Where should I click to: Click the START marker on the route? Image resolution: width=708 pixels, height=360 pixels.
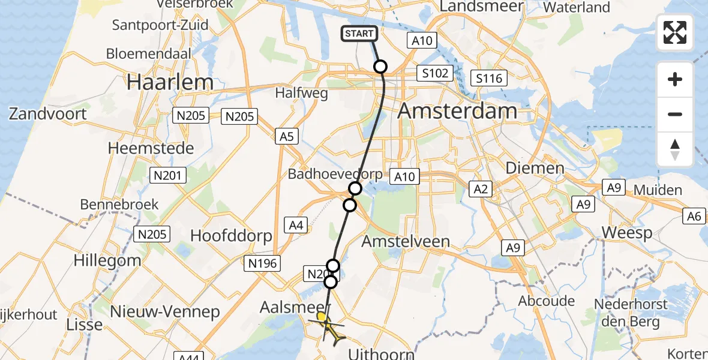(359, 34)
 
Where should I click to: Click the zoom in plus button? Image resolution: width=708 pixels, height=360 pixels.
(675, 79)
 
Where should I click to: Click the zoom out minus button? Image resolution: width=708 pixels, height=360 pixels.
(675, 114)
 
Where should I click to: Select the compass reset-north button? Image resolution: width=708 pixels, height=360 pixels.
(675, 149)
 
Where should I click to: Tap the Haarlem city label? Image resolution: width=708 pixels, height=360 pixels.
(170, 83)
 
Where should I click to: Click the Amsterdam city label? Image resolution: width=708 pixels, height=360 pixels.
(457, 111)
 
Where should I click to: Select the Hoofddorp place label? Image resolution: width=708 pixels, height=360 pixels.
(231, 236)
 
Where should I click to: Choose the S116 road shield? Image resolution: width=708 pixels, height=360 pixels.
(489, 78)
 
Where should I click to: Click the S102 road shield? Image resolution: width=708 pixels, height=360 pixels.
(434, 73)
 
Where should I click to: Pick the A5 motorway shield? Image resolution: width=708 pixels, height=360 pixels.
(287, 137)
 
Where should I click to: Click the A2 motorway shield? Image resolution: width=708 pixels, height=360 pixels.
(481, 190)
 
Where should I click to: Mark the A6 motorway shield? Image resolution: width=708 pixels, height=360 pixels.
(695, 216)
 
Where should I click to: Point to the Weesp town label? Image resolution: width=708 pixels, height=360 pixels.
(626, 233)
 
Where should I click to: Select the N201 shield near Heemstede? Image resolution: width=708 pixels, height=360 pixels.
(169, 175)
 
